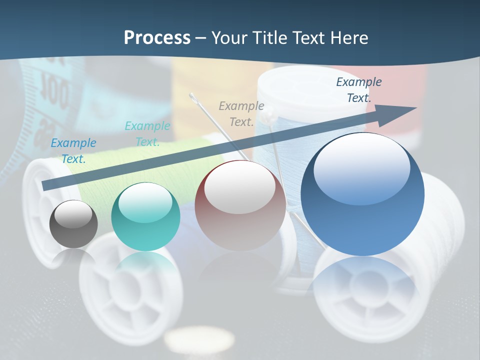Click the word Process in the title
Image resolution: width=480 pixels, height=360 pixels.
click(157, 37)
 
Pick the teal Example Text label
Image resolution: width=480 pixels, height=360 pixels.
click(147, 134)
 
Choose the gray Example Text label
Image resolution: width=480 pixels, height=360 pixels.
click(241, 113)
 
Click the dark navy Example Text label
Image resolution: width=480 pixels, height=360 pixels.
click(358, 90)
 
